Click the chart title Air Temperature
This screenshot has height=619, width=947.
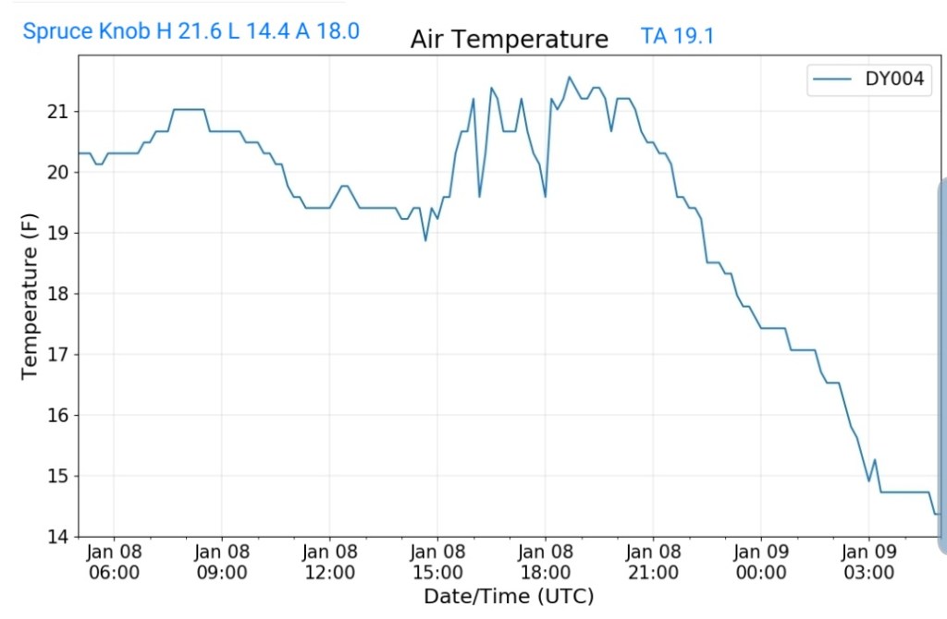tap(509, 39)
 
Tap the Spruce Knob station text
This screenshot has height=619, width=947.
tap(191, 31)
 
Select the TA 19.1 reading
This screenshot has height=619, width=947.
tap(677, 37)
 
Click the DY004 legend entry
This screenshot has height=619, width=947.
tap(867, 79)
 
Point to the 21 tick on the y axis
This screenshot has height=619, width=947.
tap(57, 112)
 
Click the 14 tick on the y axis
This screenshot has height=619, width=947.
tap(57, 537)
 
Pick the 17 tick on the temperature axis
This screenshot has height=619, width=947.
tap(57, 355)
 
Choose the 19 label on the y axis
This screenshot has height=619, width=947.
tap(57, 233)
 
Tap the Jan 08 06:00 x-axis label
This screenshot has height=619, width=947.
tap(114, 562)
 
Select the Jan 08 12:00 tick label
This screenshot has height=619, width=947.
tap(329, 562)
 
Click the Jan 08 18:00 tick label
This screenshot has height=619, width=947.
tap(545, 562)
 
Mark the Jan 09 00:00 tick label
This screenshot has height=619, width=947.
tap(760, 562)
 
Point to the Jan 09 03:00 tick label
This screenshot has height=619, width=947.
tap(868, 562)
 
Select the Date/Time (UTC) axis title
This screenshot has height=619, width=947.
tap(509, 596)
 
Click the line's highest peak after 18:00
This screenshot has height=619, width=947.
tap(569, 77)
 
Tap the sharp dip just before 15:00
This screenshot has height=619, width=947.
tap(425, 240)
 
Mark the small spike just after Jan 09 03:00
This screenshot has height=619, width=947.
tap(875, 460)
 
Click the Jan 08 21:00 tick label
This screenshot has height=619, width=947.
tap(653, 562)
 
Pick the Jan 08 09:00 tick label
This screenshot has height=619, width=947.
tap(222, 562)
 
